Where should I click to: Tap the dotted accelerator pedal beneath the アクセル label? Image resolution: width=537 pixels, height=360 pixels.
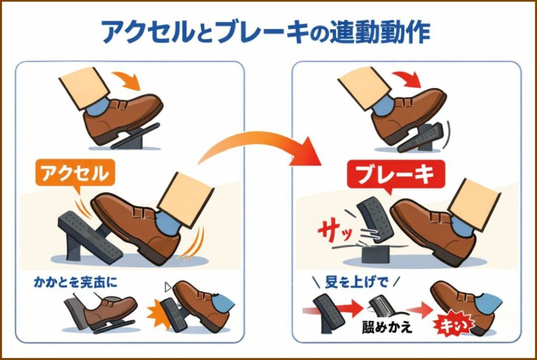tap(89, 236)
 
